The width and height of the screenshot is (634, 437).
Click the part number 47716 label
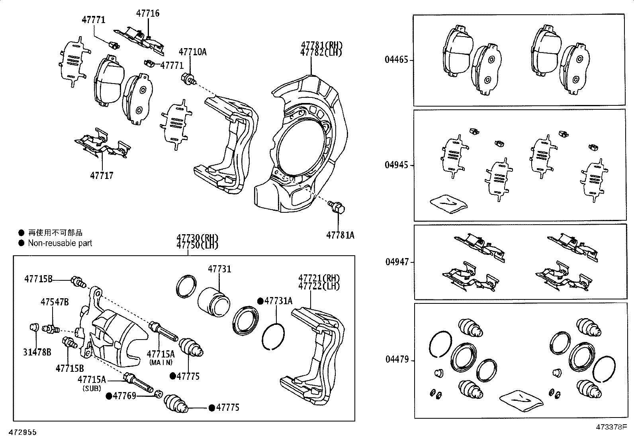tap(147, 14)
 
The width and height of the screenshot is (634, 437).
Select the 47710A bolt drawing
tap(188, 79)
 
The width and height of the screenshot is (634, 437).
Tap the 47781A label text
tap(340, 235)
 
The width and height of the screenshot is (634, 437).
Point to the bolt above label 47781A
tap(337, 207)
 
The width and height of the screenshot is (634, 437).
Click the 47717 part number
tap(102, 175)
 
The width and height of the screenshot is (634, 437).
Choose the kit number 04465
tap(396, 60)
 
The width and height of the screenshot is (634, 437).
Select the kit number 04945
tap(396, 165)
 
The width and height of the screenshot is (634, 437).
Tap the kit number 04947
tap(396, 262)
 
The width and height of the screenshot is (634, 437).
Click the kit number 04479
tap(397, 359)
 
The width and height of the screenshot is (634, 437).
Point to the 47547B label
tap(55, 302)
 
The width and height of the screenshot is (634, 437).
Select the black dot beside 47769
tap(109, 396)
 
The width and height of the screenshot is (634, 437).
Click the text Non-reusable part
tap(60, 243)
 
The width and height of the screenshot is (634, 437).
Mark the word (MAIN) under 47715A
tap(161, 362)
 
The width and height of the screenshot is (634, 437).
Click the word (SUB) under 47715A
tap(92, 388)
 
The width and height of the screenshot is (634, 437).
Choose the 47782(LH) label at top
tap(321, 53)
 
